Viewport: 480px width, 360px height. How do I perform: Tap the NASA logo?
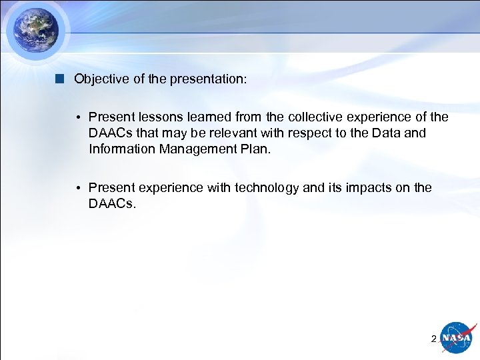458,338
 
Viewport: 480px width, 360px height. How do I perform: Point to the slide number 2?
433,339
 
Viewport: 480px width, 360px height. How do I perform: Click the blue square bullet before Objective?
60,79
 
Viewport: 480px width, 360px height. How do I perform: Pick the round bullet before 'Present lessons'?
78,118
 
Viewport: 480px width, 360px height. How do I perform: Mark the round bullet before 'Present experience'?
78,189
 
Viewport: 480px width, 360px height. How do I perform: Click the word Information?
122,149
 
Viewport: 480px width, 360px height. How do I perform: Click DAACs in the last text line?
111,203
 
